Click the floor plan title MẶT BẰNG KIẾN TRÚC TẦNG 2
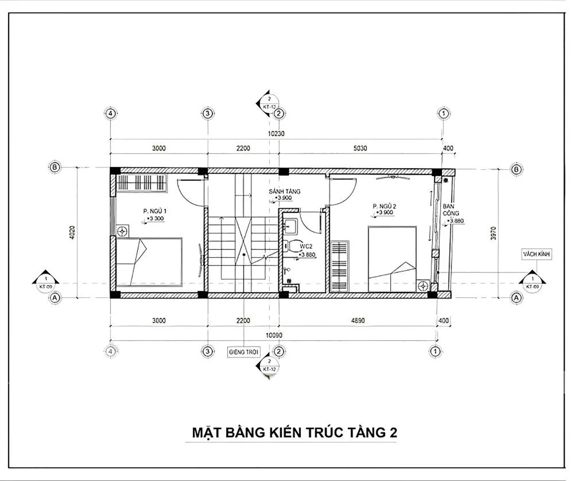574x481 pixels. point(294,433)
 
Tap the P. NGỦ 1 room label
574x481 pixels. point(155,210)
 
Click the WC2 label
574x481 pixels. point(306,246)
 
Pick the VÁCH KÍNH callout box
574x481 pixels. point(537,255)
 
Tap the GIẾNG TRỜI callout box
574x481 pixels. point(243,352)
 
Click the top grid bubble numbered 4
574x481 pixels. point(110,114)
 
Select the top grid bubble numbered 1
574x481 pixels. point(443,114)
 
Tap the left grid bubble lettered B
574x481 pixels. point(55,167)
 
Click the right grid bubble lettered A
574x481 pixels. point(516,297)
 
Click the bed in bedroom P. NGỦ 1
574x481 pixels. point(149,262)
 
